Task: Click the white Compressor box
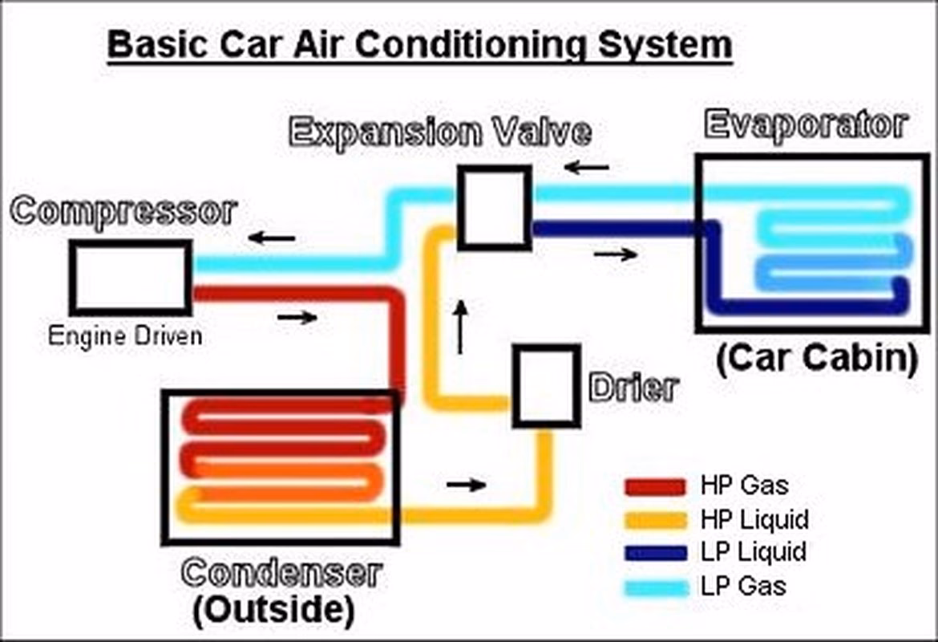[x=131, y=278]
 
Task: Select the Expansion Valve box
[x=494, y=208]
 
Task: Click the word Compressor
[x=125, y=212]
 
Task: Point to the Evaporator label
[x=805, y=125]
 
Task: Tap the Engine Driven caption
[x=125, y=335]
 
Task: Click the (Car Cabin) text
[x=816, y=359]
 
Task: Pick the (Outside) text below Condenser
[x=273, y=610]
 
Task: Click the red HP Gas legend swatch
[x=655, y=486]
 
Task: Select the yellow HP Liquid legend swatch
[x=655, y=520]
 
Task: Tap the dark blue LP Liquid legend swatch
[x=655, y=553]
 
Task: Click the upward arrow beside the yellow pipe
[x=460, y=327]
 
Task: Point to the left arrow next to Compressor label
[x=271, y=238]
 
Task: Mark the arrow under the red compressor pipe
[x=297, y=318]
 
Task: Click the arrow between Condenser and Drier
[x=466, y=485]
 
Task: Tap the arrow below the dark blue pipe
[x=616, y=255]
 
